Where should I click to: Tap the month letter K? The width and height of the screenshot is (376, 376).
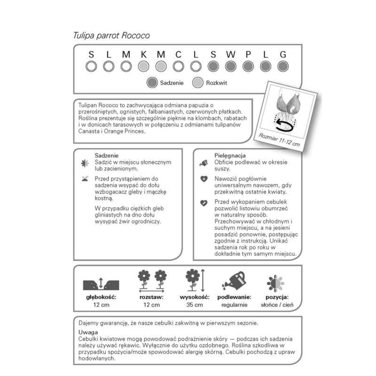tap(143, 55)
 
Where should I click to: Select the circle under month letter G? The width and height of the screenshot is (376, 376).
tap(282, 66)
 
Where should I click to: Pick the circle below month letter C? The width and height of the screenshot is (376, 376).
tap(178, 66)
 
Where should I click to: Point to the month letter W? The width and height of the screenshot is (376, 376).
tap(230, 55)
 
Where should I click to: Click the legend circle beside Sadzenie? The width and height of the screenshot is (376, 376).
tap(151, 83)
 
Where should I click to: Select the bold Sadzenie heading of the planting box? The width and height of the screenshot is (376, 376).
tap(106, 155)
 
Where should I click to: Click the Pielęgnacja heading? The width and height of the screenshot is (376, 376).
tap(231, 155)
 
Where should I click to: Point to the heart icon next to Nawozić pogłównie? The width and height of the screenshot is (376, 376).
tap(204, 179)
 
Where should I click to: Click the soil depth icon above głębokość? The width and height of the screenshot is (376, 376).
tap(101, 283)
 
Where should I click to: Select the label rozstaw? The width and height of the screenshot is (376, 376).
tap(151, 297)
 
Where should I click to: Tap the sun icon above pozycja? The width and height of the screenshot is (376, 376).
tap(275, 283)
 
